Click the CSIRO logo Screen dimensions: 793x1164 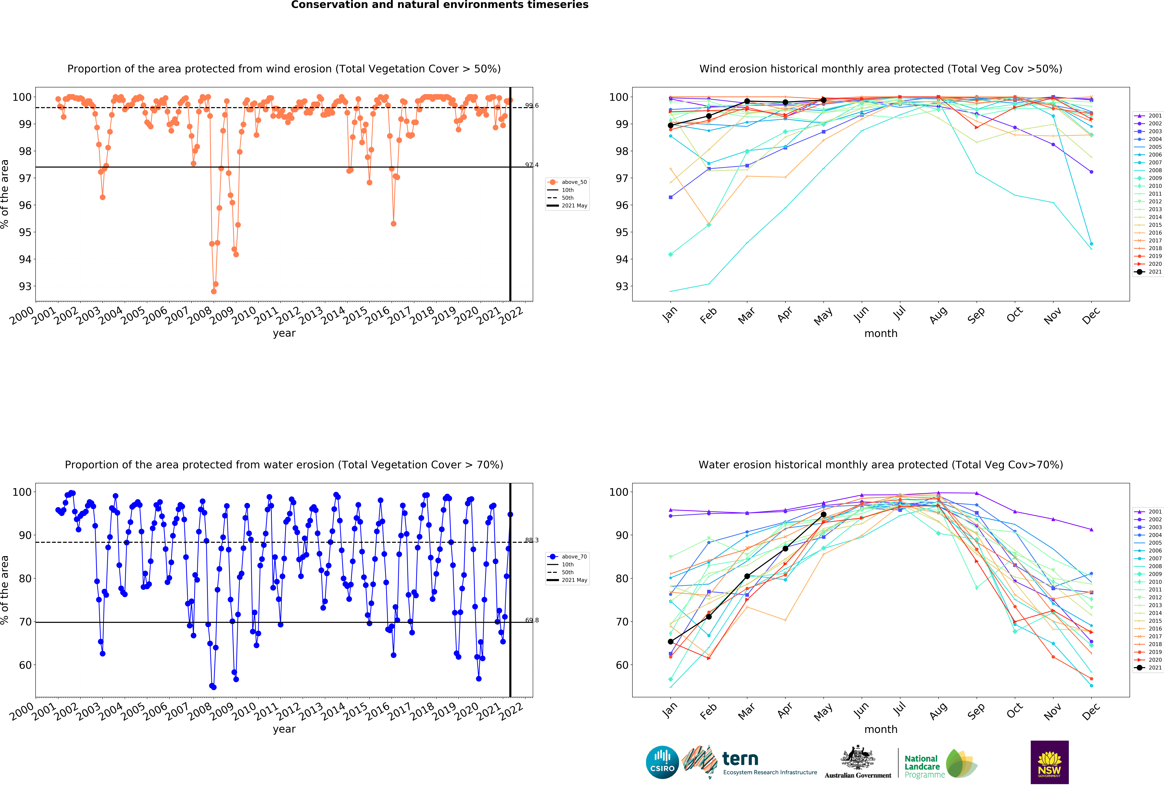coord(662,762)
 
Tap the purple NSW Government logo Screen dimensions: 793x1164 coord(1049,762)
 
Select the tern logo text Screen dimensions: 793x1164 coord(740,759)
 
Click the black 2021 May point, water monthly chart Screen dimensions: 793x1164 coord(823,515)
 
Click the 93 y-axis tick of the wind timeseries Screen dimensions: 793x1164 coord(25,286)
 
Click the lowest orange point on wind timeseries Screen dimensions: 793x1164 coord(214,291)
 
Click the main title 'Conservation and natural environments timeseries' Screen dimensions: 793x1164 coord(440,5)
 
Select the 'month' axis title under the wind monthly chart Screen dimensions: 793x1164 coord(880,333)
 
